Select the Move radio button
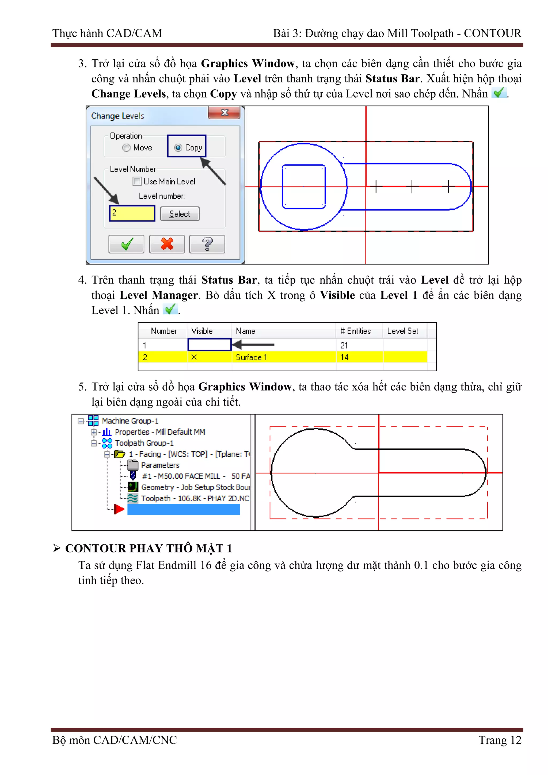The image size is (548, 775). (x=126, y=148)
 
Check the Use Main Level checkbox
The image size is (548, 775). (x=137, y=181)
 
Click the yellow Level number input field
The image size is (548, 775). (x=132, y=213)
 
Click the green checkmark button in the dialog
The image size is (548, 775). (x=126, y=244)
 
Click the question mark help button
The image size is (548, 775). (x=207, y=244)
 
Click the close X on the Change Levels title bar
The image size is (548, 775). (x=224, y=112)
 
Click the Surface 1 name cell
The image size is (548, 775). (x=252, y=357)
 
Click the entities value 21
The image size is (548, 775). (x=344, y=345)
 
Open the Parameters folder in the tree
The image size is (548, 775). (x=160, y=465)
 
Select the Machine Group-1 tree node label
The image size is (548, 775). (x=130, y=421)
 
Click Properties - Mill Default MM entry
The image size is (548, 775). (x=160, y=432)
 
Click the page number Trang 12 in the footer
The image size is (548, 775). (x=500, y=740)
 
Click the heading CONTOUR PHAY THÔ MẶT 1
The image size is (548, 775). (x=149, y=548)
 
